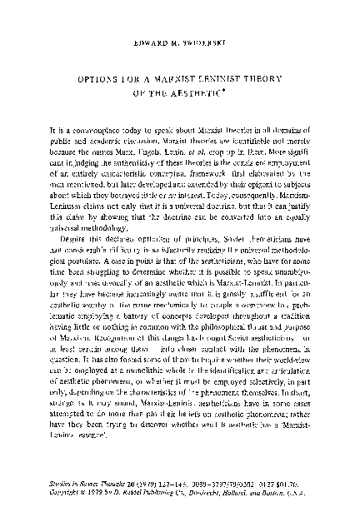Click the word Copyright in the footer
pyautogui.click(x=67, y=493)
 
